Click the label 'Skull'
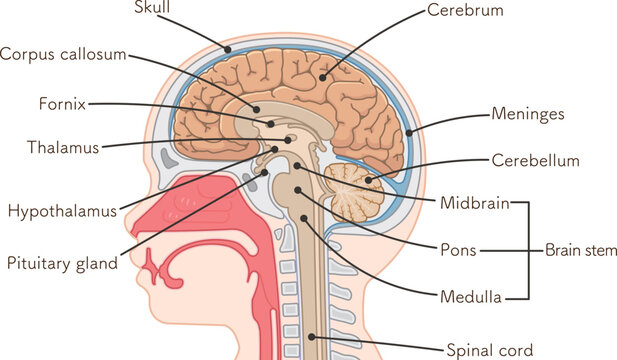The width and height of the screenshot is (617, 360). point(152,8)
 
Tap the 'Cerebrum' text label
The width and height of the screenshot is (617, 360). point(465,10)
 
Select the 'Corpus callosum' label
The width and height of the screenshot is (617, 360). point(63,54)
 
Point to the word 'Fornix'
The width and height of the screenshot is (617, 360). point(62,103)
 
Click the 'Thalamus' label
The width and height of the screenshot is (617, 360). point(63,148)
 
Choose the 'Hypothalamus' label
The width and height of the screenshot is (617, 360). point(62,211)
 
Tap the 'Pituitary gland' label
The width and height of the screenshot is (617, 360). point(62,264)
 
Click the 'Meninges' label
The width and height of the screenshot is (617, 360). point(528,113)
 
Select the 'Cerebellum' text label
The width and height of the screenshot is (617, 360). point(535,160)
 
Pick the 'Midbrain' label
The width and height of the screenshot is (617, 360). point(474,204)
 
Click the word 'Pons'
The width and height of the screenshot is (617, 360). point(458,249)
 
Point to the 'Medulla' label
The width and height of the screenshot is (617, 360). point(468,296)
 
